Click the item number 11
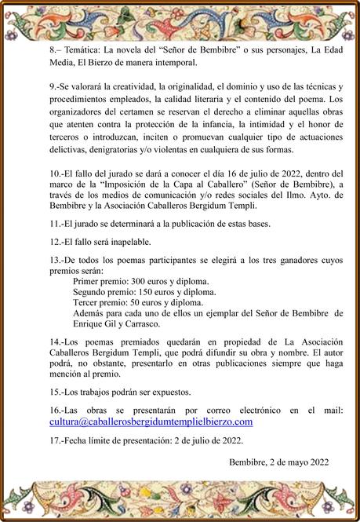click(x=55, y=224)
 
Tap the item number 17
click(x=55, y=440)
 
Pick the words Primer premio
click(x=100, y=280)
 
